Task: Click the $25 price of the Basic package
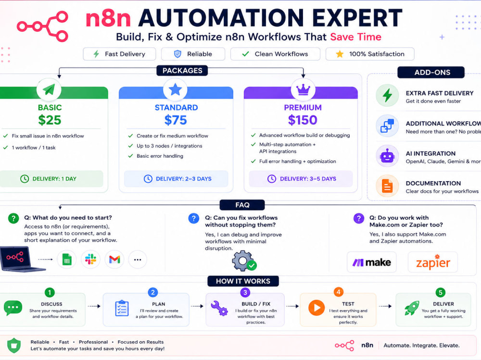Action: click(50, 120)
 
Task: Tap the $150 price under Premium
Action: click(303, 120)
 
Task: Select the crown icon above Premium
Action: click(303, 89)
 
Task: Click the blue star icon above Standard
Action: click(175, 89)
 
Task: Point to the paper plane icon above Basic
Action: click(49, 89)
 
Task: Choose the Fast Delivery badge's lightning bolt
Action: click(96, 54)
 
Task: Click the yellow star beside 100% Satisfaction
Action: click(340, 54)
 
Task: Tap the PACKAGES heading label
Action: click(182, 71)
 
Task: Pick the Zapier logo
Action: click(433, 262)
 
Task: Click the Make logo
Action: click(371, 262)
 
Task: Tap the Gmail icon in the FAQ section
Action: click(114, 260)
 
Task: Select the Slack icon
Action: click(90, 260)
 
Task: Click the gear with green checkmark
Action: click(244, 261)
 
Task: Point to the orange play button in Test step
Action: click(316, 308)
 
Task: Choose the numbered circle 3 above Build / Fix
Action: click(245, 293)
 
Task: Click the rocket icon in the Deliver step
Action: click(412, 308)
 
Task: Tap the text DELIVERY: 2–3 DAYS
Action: click(183, 179)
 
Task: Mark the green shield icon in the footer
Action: click(14, 345)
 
